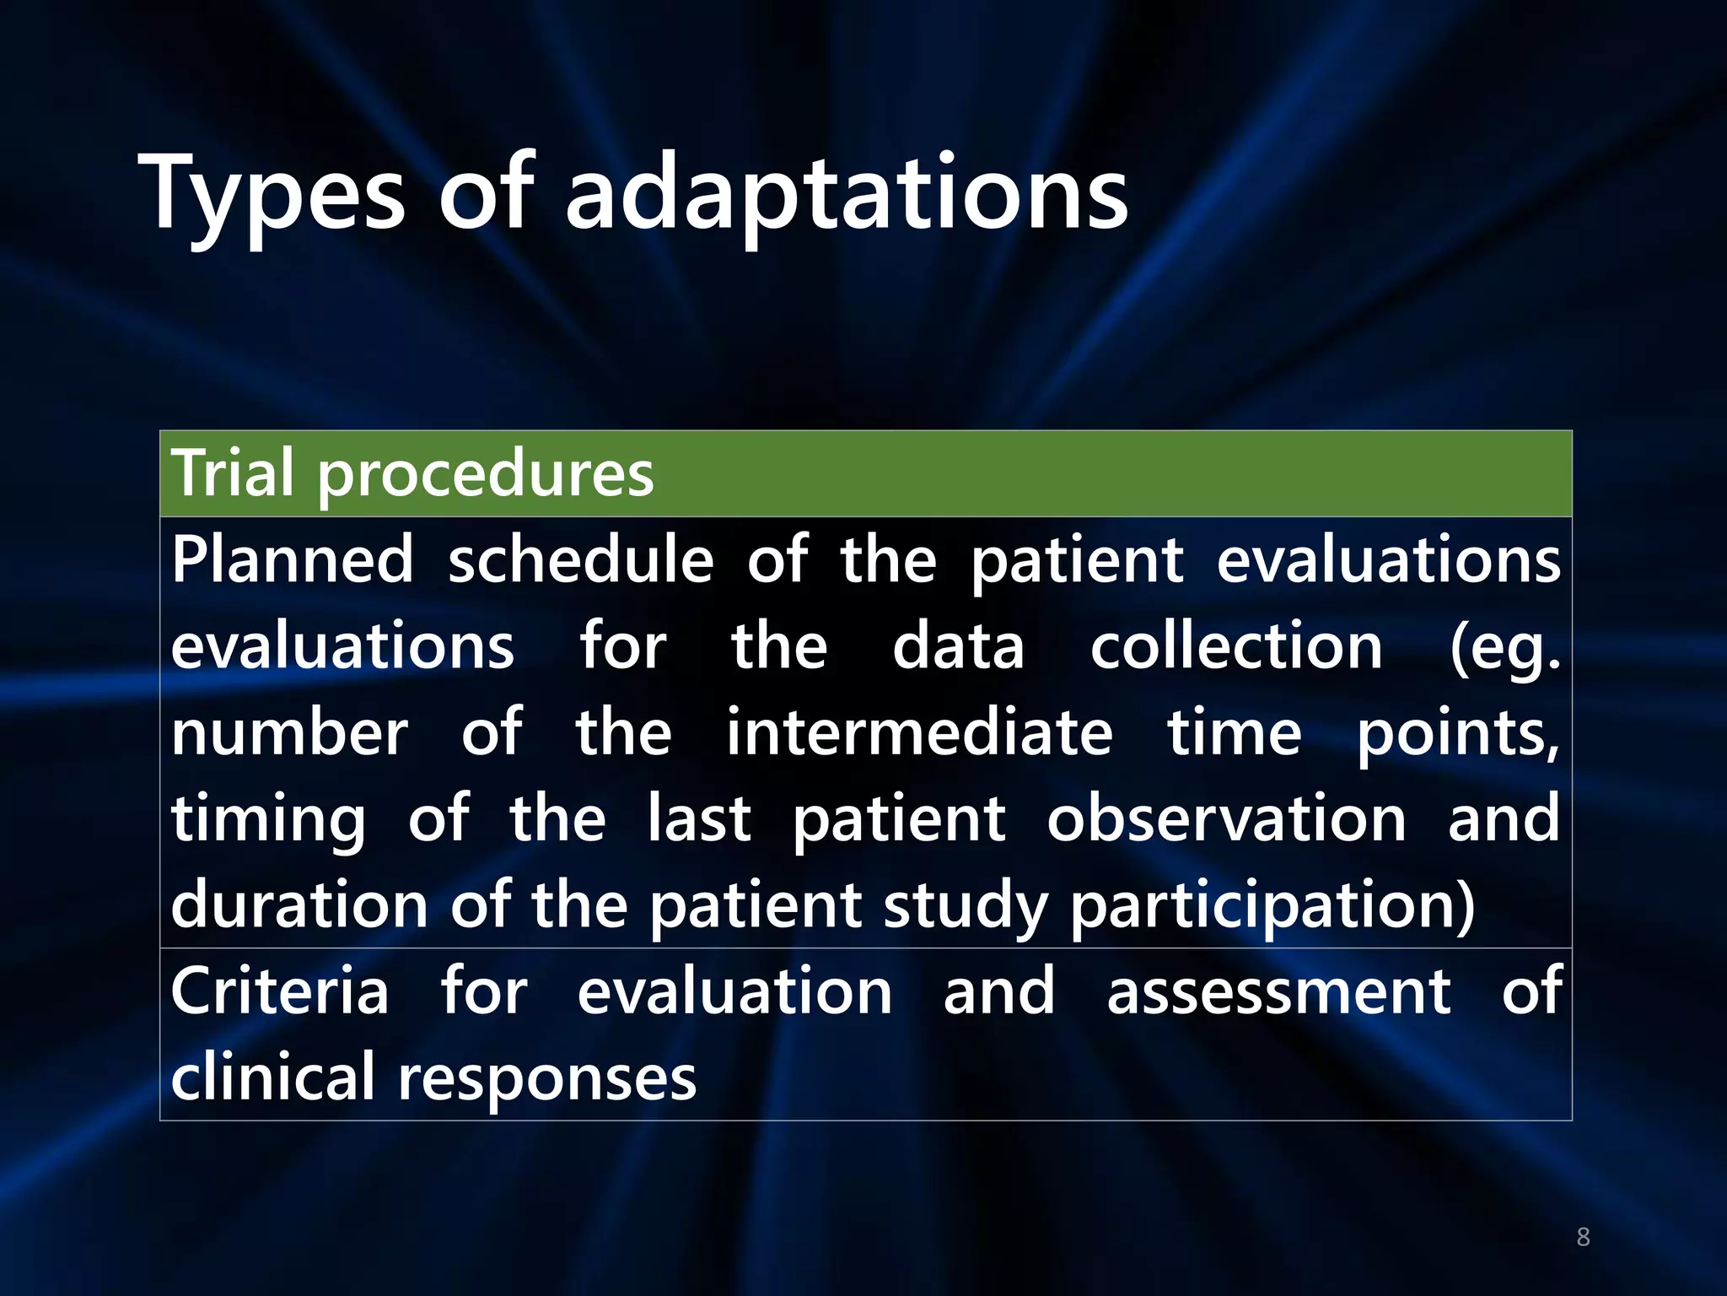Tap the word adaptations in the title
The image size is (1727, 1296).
[846, 196]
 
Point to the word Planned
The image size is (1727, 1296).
[293, 560]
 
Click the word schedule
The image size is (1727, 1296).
[580, 560]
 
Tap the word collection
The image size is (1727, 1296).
[1236, 647]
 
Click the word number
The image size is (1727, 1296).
[289, 733]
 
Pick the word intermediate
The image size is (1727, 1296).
[919, 733]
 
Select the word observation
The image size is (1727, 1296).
[1226, 819]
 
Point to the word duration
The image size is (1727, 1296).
[299, 905]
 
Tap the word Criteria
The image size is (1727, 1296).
[280, 991]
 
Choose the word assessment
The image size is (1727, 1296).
[1278, 993]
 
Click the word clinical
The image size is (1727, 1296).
[272, 1077]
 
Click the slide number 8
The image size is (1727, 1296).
[1583, 1238]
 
